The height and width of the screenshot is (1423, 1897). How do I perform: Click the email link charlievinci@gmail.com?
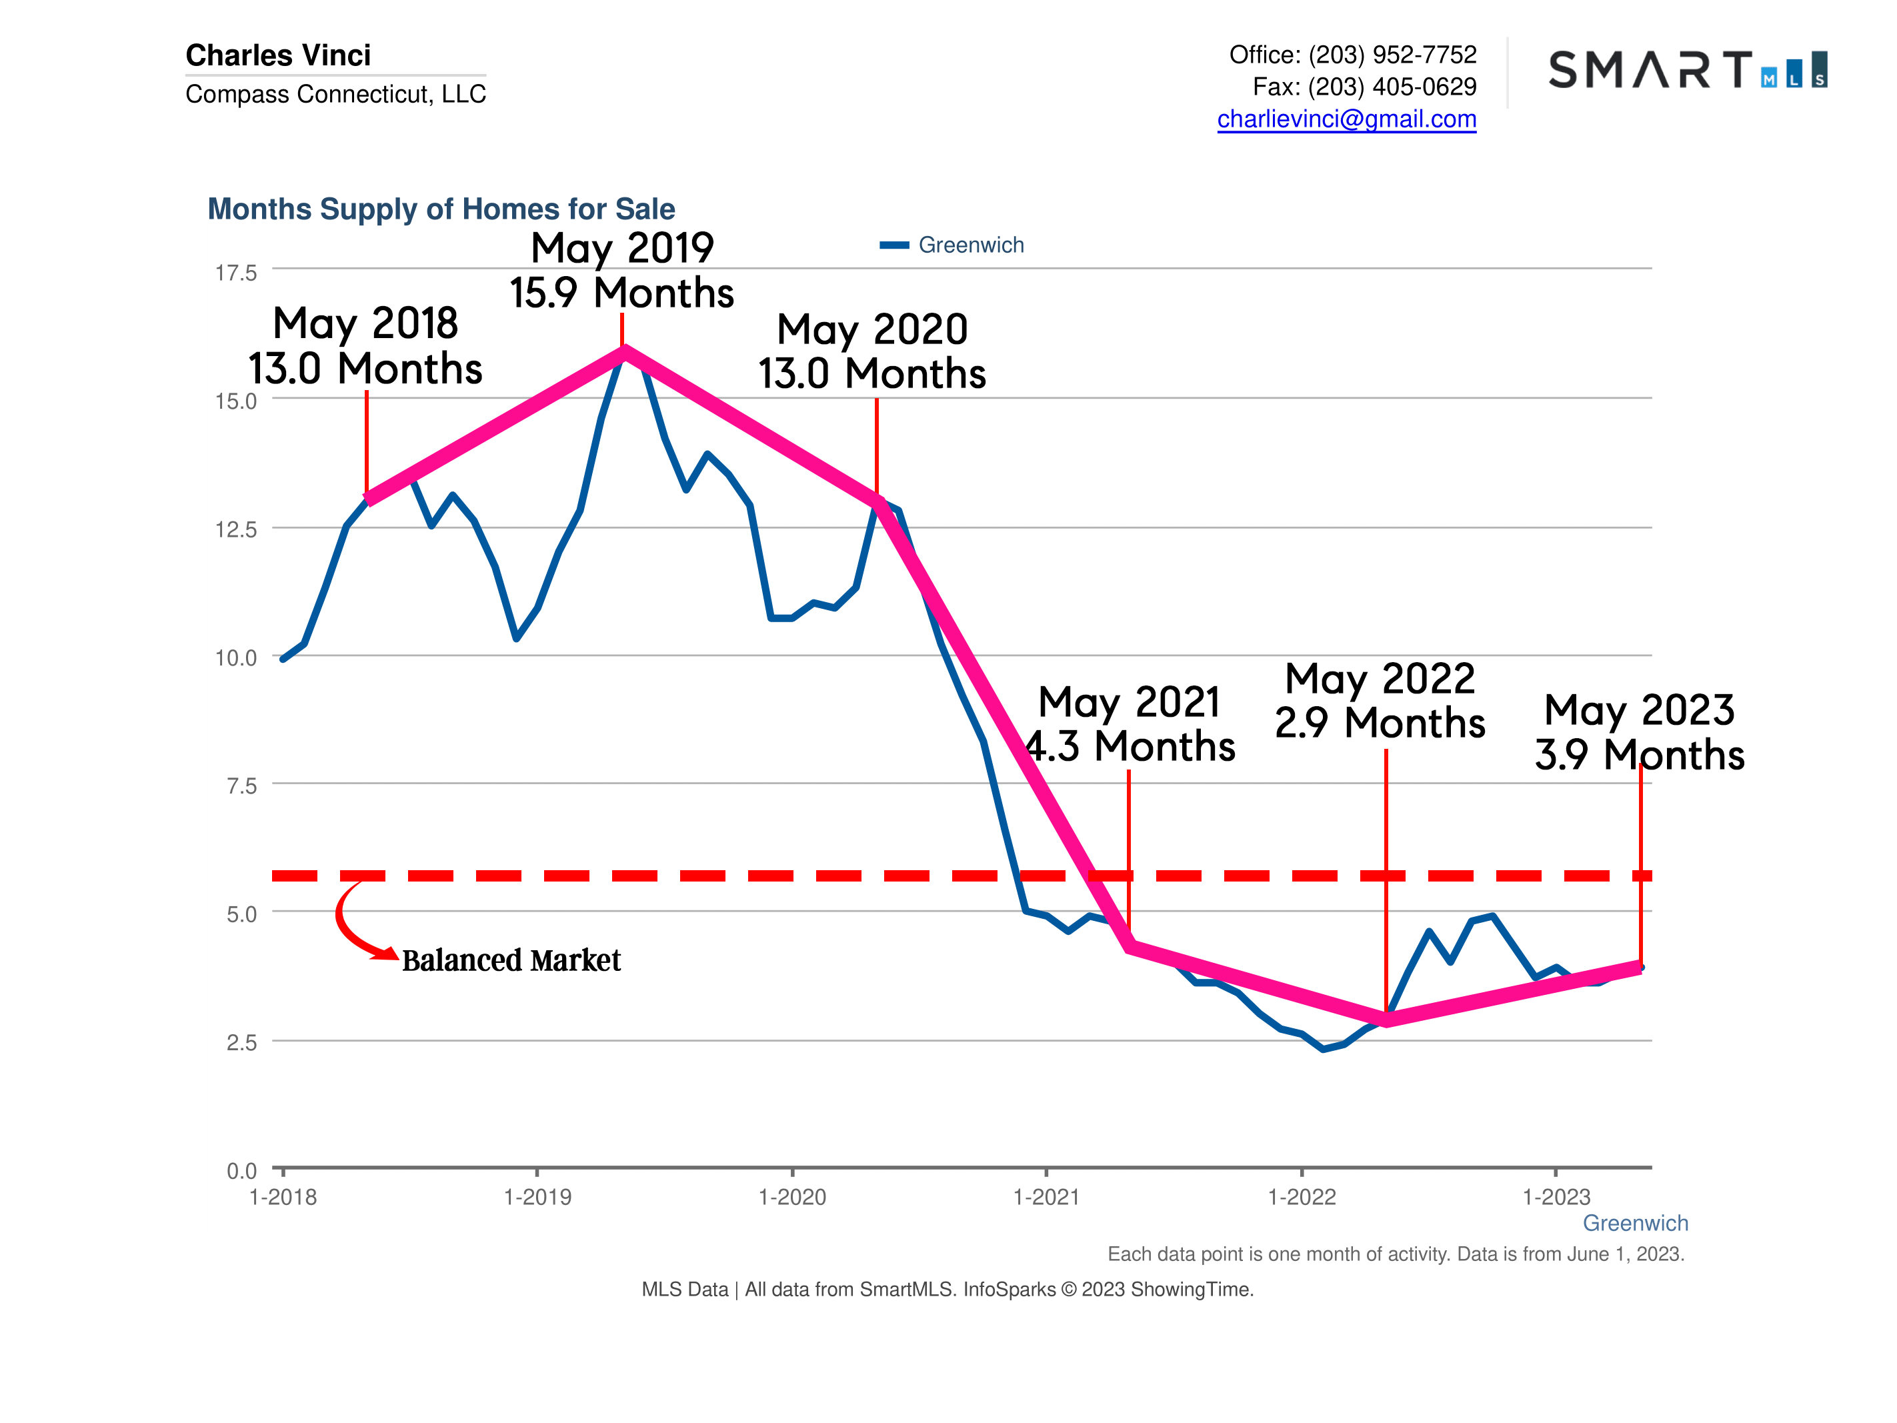[x=1346, y=119]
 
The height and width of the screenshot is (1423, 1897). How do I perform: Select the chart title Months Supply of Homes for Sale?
[x=441, y=209]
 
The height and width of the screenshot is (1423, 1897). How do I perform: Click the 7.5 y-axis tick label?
[x=241, y=786]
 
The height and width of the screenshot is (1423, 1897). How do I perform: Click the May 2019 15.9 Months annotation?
[x=621, y=270]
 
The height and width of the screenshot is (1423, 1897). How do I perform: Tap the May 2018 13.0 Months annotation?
[x=365, y=345]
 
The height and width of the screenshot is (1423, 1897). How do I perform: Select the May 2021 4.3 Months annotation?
[x=1130, y=724]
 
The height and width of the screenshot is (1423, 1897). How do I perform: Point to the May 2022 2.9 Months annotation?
[x=1380, y=701]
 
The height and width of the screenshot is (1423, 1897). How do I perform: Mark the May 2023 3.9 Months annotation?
[x=1639, y=733]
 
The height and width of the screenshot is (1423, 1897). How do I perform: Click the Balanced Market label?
[x=511, y=960]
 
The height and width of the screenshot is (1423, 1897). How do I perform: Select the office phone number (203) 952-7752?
[x=1392, y=55]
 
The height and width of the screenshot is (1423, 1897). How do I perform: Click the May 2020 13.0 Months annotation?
[x=872, y=351]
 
